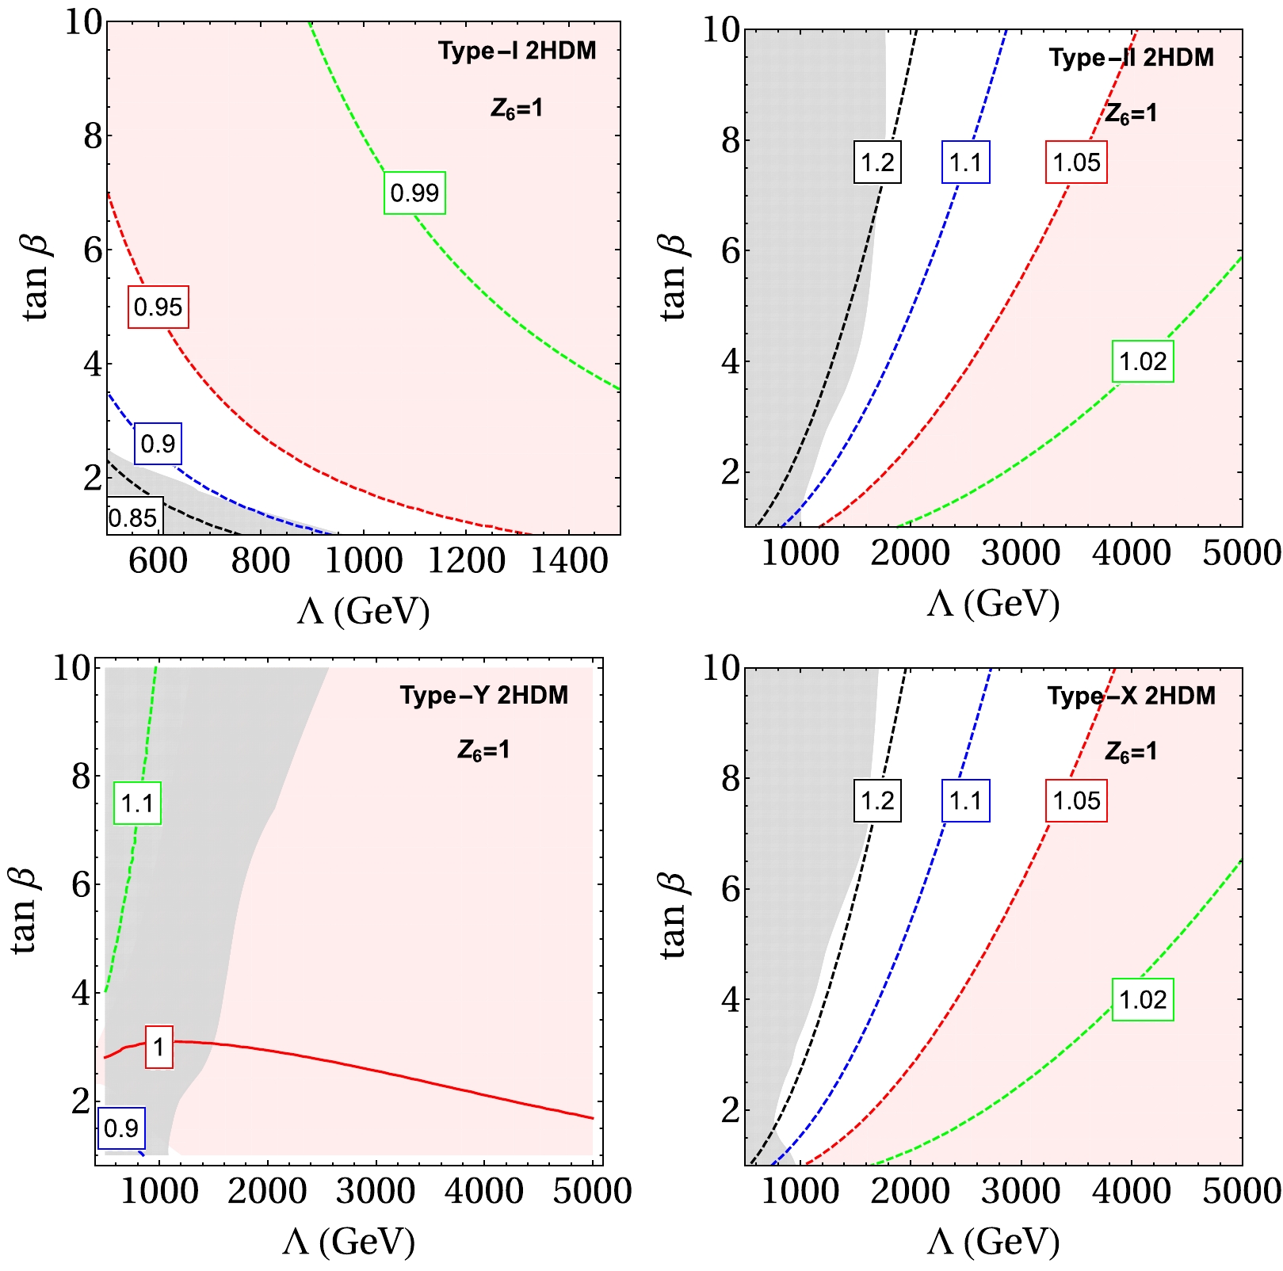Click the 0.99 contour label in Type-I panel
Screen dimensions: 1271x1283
(414, 193)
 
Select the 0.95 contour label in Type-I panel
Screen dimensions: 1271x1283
(158, 307)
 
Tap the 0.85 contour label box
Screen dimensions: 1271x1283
(134, 517)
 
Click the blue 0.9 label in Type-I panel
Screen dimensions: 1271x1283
(158, 443)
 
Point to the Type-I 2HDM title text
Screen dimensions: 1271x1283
(517, 52)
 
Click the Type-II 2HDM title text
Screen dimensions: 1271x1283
(1131, 58)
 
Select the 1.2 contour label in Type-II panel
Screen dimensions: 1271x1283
(877, 162)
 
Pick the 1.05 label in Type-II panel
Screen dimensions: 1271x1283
(1076, 162)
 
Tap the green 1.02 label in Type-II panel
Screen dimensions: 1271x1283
(1143, 361)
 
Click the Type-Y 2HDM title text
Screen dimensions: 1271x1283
(483, 696)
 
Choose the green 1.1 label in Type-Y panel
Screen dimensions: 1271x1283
(137, 803)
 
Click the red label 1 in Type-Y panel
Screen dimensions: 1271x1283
(158, 1047)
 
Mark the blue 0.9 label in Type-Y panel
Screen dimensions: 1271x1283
(121, 1128)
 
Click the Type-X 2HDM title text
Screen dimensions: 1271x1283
(1131, 696)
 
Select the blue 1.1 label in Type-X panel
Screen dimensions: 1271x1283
(965, 800)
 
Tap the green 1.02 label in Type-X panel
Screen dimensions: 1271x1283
(1143, 999)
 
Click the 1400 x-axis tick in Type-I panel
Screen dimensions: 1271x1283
(569, 561)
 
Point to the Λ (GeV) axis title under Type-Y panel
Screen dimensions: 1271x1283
(349, 1241)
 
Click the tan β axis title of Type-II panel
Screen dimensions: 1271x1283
(674, 277)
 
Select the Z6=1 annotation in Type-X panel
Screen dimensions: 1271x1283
(1131, 751)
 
